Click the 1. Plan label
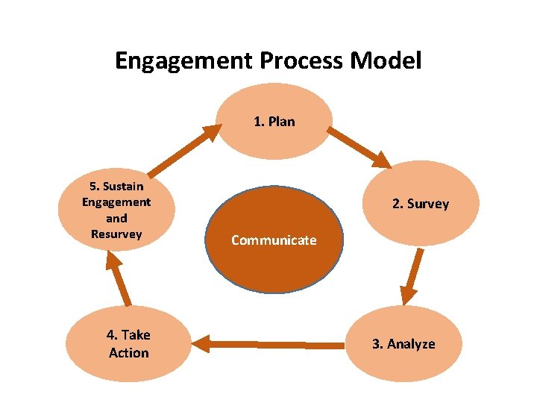point(274,121)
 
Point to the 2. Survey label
point(421,204)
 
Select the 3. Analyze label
point(403,344)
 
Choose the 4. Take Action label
point(128,343)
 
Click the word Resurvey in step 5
point(116,234)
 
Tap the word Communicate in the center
point(274,240)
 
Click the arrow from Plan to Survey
point(359,147)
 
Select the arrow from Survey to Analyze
point(412,275)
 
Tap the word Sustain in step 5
point(116,186)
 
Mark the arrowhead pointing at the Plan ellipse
point(212,134)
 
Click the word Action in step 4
point(129,352)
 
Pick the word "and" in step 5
point(116,218)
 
